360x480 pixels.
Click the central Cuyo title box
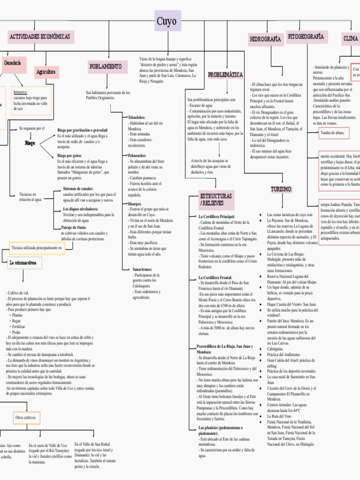click(x=167, y=21)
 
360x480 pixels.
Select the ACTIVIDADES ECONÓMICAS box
click(x=39, y=37)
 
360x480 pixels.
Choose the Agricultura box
click(x=46, y=72)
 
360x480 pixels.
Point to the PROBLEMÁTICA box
click(x=225, y=75)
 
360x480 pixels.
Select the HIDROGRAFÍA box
click(x=265, y=39)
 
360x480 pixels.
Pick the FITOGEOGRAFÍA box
click(x=306, y=36)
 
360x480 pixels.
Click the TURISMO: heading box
click(x=281, y=189)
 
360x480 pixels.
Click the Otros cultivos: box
click(x=26, y=417)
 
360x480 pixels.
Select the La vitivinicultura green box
click(x=25, y=263)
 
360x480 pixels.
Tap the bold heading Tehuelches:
click(x=136, y=117)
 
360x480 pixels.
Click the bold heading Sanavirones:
click(x=142, y=270)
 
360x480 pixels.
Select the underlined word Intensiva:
click(x=21, y=92)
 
